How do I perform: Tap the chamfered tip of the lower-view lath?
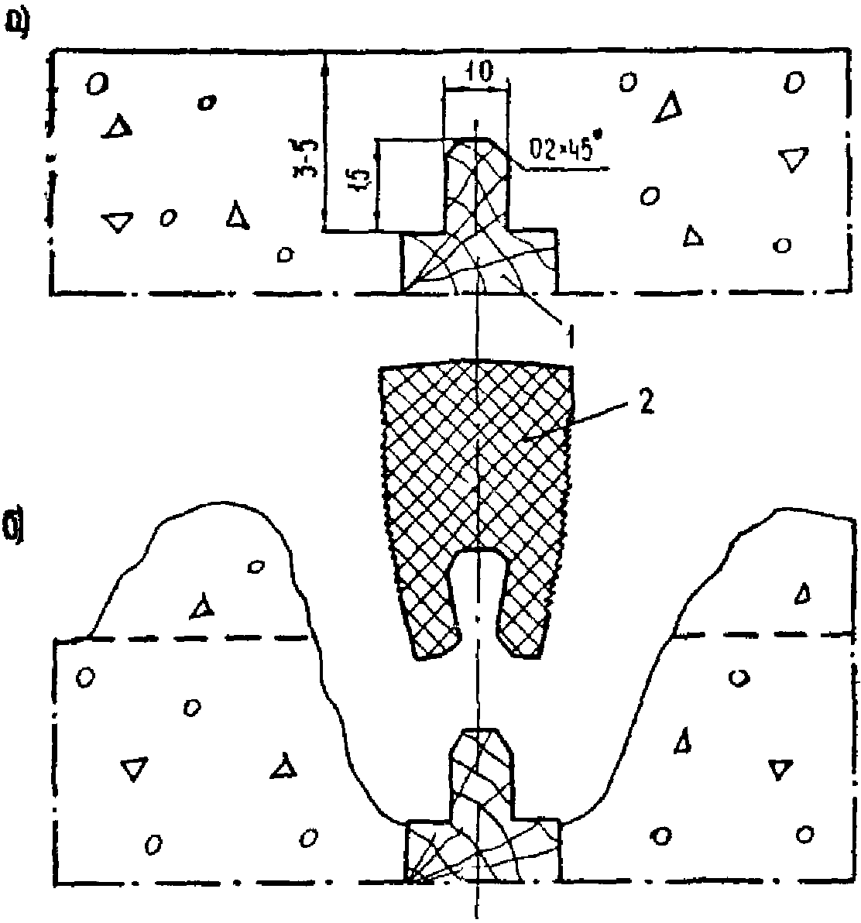480,743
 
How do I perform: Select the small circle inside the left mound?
254,567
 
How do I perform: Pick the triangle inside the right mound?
803,593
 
